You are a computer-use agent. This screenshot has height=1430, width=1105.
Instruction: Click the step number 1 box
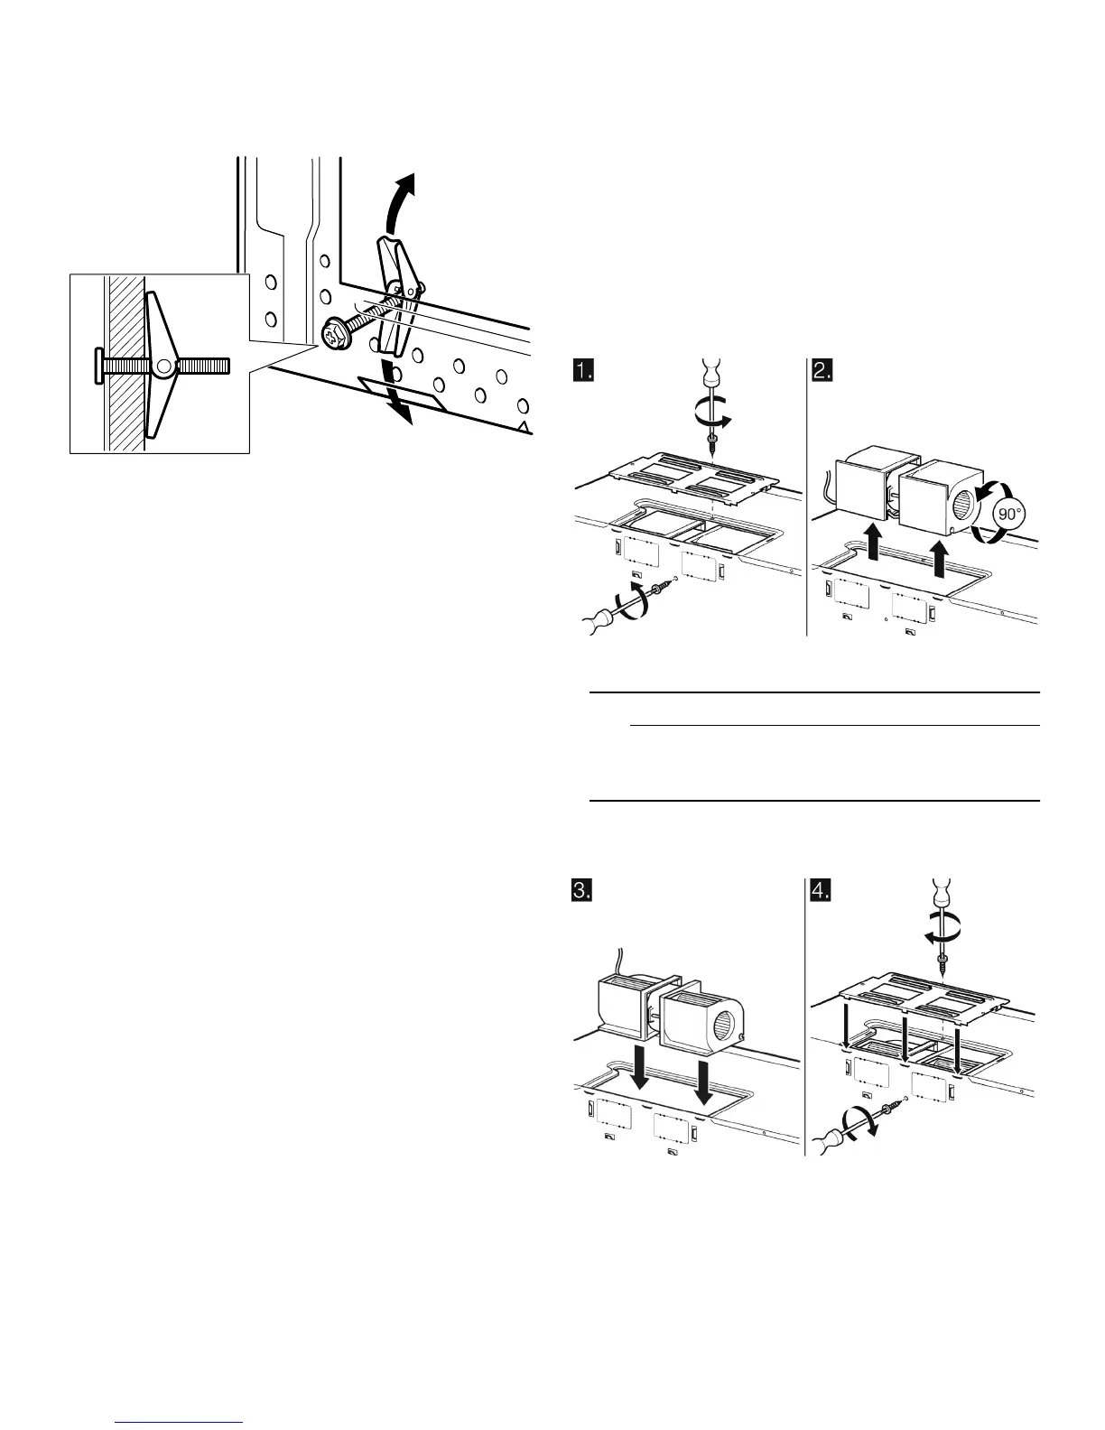[x=584, y=370]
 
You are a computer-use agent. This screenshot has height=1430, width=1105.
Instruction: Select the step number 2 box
[x=822, y=370]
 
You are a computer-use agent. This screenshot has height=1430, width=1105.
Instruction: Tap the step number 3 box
[x=584, y=891]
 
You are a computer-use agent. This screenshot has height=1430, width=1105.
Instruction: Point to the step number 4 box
[x=822, y=891]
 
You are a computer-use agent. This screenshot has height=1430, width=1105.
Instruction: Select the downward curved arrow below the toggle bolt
[x=400, y=397]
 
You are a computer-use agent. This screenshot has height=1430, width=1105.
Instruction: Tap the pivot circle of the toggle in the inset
[x=163, y=367]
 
